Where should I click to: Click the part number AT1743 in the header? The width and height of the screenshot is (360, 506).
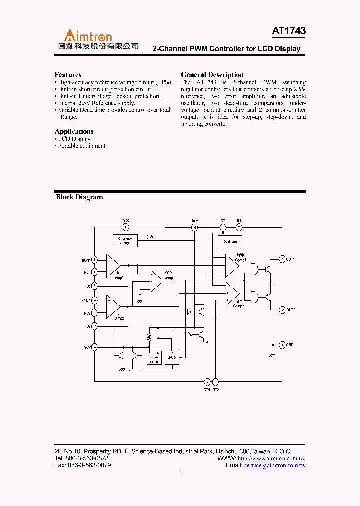(x=289, y=31)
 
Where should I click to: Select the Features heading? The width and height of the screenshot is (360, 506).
(x=68, y=75)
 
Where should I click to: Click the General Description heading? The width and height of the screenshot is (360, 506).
(x=212, y=75)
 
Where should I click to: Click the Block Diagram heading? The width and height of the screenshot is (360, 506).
(x=79, y=197)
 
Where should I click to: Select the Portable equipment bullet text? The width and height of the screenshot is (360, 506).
(x=82, y=146)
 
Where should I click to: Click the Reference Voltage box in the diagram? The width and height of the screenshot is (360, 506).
(x=125, y=240)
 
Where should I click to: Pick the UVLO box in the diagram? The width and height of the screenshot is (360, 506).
(x=172, y=355)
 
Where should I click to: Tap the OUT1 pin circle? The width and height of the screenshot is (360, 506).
(x=282, y=259)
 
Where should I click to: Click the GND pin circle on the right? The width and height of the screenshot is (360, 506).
(x=282, y=344)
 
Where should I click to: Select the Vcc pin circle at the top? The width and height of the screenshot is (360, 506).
(x=126, y=227)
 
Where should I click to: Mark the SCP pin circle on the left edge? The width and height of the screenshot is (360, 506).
(x=95, y=347)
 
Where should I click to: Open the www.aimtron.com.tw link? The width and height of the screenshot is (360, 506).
(x=271, y=459)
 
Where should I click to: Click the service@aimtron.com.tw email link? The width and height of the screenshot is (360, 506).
(x=274, y=465)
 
